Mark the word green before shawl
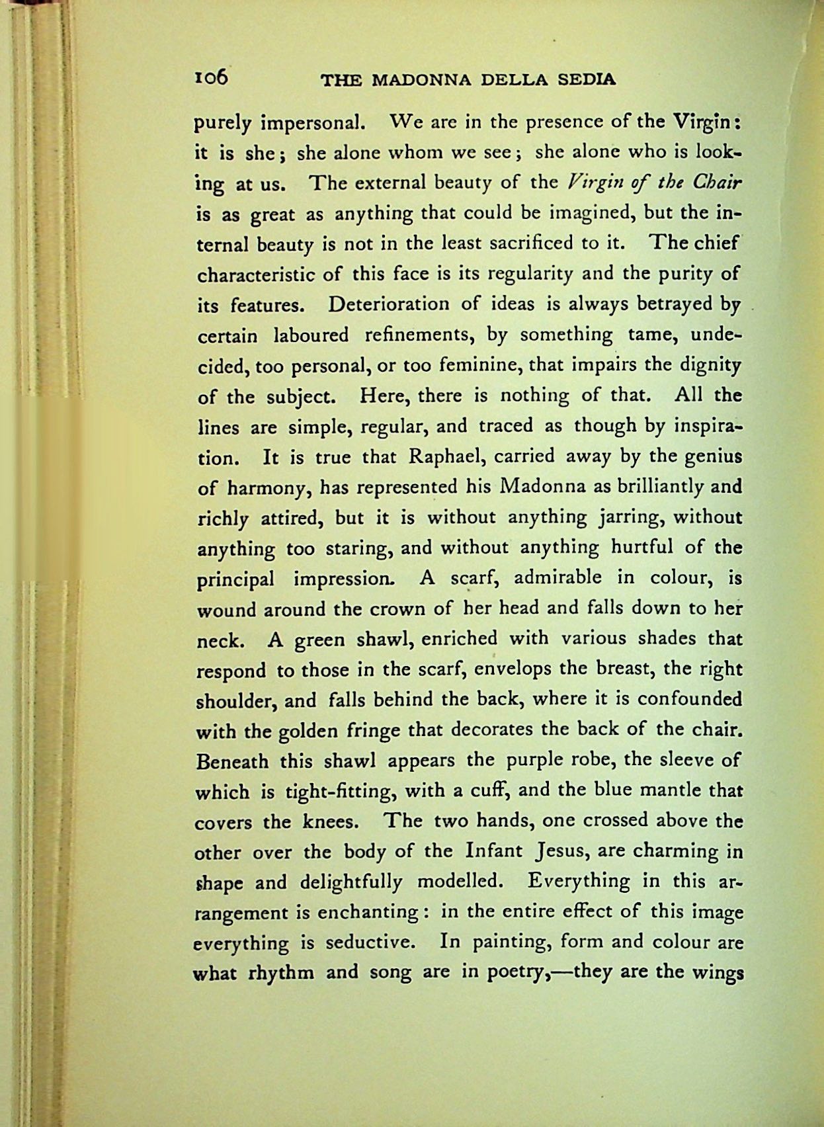click(319, 640)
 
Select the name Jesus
click(561, 852)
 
